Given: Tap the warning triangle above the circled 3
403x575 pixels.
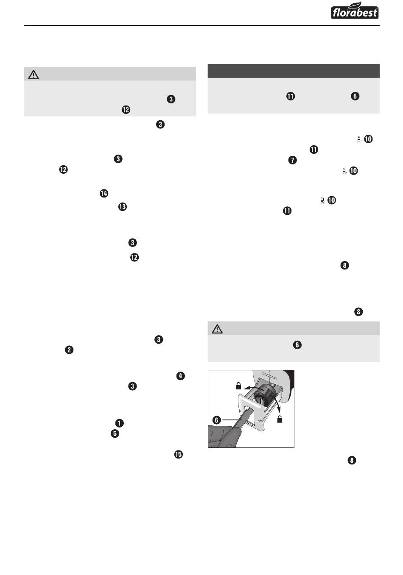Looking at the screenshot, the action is click(34, 75).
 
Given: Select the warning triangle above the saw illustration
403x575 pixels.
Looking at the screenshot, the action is click(217, 328).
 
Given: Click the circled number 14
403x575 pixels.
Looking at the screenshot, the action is click(104, 193).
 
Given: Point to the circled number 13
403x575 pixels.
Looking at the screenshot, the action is click(123, 207).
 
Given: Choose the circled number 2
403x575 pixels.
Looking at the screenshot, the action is click(69, 350).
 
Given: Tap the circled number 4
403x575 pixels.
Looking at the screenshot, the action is click(181, 376).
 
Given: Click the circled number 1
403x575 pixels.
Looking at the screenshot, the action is click(120, 423).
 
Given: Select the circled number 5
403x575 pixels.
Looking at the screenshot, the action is click(115, 434).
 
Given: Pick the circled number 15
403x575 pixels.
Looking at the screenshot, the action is click(178, 454).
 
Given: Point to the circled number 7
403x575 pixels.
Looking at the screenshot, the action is click(293, 160).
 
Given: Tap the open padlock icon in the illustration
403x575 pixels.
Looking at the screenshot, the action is click(280, 419).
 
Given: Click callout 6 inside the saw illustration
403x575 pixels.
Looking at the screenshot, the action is click(217, 420).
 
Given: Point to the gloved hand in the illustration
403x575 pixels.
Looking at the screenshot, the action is click(223, 436).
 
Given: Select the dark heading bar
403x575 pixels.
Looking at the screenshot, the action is click(293, 71).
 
